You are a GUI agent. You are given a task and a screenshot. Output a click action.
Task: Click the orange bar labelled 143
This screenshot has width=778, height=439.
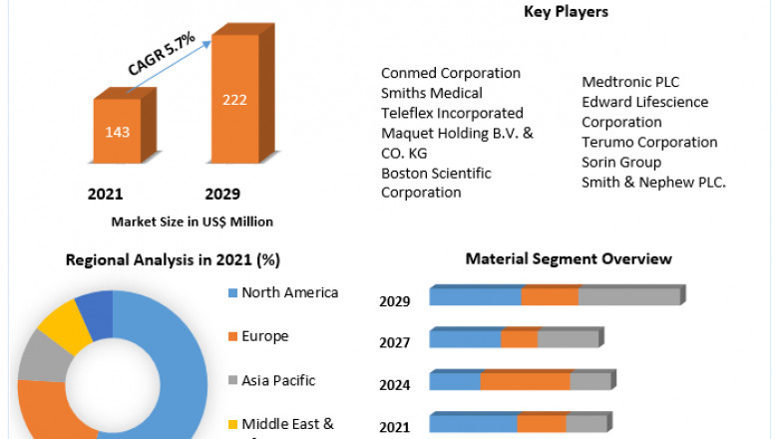(x=118, y=131)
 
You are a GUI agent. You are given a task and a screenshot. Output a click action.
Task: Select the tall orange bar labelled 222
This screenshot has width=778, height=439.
(x=234, y=101)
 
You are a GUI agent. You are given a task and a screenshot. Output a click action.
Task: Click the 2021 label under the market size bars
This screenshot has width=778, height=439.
(x=106, y=194)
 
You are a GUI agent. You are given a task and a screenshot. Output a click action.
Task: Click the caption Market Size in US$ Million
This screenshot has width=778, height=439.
(x=193, y=221)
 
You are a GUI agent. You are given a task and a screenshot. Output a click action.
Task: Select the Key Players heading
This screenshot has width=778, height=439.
(x=566, y=12)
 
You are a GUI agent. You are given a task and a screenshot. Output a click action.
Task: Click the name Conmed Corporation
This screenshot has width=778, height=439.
(x=451, y=73)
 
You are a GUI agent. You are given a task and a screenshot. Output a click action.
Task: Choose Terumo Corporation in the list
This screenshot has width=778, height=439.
(x=649, y=142)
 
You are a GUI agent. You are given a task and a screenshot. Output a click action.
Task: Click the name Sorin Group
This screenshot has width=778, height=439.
(x=621, y=162)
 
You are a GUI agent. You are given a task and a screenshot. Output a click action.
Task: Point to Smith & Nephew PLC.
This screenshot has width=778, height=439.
(x=653, y=182)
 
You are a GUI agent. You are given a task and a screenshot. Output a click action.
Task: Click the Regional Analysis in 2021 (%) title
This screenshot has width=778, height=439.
(x=173, y=259)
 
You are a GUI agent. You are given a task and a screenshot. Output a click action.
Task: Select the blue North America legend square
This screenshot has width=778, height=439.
(x=232, y=293)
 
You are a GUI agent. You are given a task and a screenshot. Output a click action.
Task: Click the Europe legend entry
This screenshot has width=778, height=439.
(x=264, y=336)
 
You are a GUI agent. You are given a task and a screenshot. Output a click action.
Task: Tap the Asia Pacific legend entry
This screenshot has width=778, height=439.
(x=278, y=380)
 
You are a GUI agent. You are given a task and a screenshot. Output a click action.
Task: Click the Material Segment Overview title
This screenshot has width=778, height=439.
(x=569, y=258)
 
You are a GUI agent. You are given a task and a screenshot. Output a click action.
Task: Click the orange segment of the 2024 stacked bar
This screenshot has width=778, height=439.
(x=525, y=381)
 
